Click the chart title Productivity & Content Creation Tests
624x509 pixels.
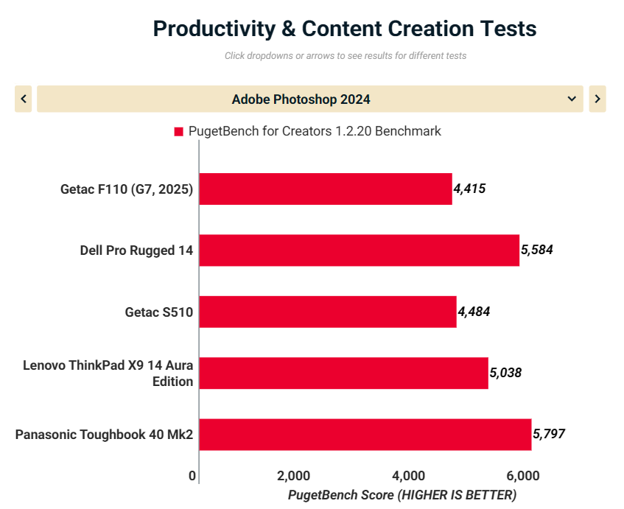[344, 29]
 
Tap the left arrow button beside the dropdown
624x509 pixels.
[24, 99]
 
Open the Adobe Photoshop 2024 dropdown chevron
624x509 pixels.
[572, 99]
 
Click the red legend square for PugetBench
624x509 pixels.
[178, 132]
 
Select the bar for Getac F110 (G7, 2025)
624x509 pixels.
[325, 189]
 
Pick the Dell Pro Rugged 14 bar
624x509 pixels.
[359, 250]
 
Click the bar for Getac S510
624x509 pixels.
[327, 312]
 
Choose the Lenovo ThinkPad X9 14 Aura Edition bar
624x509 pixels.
[343, 373]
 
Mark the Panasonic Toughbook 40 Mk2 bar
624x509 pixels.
[365, 435]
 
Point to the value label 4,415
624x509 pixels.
[469, 189]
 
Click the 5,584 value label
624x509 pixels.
[536, 250]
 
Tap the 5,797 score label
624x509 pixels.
[548, 434]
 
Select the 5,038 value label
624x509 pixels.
[505, 373]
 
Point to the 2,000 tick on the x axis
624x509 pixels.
[293, 475]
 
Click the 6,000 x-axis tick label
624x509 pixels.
[523, 475]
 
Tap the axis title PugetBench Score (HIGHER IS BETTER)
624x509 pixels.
[402, 494]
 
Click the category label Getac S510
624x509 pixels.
[158, 312]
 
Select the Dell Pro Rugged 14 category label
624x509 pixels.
[136, 250]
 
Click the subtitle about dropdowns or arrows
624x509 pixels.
[346, 56]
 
